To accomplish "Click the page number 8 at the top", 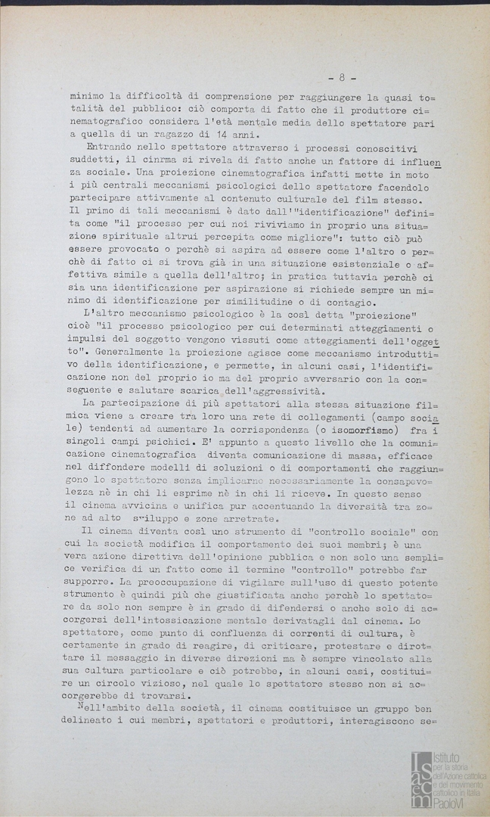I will (342, 78).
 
